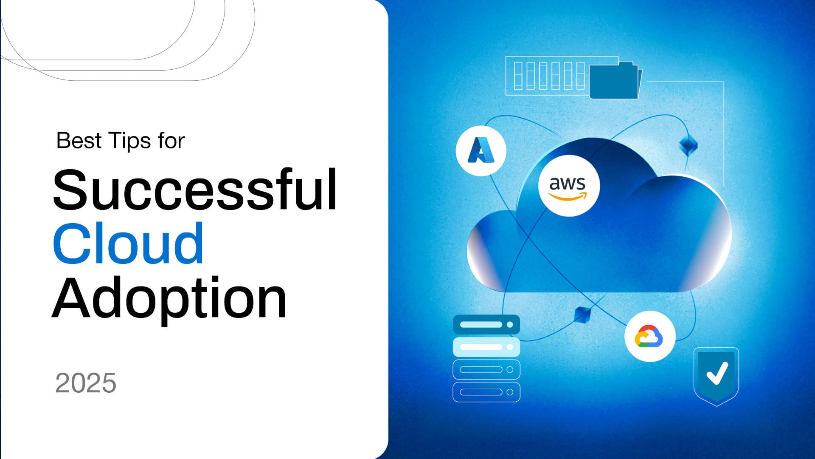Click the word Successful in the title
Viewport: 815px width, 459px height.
coord(195,190)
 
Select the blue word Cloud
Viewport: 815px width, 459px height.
coord(128,243)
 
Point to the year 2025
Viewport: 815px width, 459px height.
coord(86,383)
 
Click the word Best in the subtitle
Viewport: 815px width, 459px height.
coord(79,141)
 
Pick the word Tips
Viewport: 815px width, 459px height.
coord(129,141)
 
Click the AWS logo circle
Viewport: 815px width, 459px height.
coord(569,186)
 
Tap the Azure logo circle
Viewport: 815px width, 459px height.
coord(481,150)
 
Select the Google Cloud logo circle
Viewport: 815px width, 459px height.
coord(649,336)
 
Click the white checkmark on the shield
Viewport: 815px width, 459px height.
coord(717,373)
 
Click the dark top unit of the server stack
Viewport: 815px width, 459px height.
coord(486,325)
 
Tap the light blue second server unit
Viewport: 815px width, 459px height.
coord(486,347)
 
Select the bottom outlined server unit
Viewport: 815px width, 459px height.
coord(486,392)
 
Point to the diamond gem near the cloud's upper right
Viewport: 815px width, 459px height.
coord(688,145)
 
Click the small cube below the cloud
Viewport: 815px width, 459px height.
coord(582,314)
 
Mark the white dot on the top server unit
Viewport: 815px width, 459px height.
coord(510,325)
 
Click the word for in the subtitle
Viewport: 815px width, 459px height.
coord(171,141)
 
